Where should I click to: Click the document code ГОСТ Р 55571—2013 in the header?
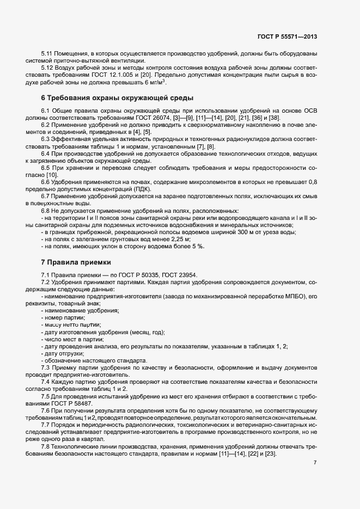286,36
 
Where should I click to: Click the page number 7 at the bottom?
315,463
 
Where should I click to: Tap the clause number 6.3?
46,139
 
